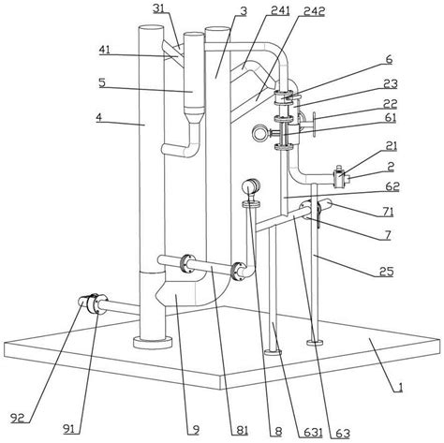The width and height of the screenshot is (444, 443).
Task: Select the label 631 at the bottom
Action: click(x=310, y=433)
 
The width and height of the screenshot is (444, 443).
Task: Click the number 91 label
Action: click(x=69, y=429)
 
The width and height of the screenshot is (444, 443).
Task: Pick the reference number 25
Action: click(x=386, y=272)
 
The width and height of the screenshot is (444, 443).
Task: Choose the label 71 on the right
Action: click(x=387, y=213)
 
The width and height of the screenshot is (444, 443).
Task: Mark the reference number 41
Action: click(x=105, y=50)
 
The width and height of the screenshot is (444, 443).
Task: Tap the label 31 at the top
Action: click(x=159, y=8)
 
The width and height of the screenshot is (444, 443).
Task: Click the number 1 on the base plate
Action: click(x=400, y=388)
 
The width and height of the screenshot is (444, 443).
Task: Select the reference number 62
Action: click(x=392, y=186)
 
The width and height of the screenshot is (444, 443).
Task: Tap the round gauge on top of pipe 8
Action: click(x=251, y=186)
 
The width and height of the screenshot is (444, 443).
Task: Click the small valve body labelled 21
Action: click(x=338, y=177)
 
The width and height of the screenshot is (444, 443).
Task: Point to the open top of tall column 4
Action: click(x=151, y=30)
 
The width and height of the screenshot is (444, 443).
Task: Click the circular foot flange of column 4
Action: click(x=153, y=342)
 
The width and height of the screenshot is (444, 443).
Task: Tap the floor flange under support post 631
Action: click(x=273, y=352)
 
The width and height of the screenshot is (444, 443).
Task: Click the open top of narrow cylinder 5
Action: click(x=194, y=36)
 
